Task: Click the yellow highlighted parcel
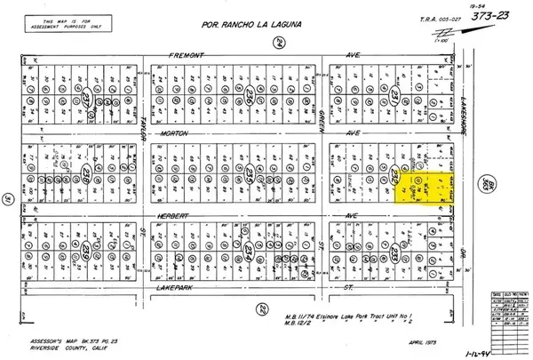click(x=424, y=188)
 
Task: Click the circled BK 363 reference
click(x=485, y=181)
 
